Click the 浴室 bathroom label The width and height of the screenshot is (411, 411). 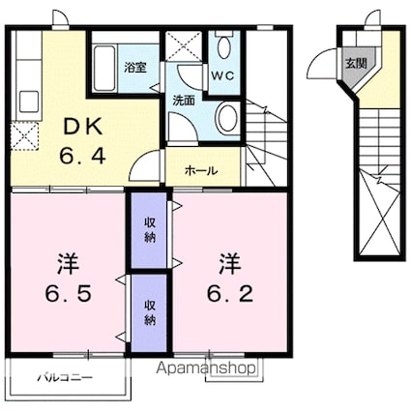(x=134, y=68)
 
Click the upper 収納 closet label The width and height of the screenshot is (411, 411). (x=150, y=230)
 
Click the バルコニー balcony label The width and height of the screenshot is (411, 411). (x=63, y=377)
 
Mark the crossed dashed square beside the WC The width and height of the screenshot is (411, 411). (x=184, y=46)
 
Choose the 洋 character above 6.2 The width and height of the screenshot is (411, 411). (x=228, y=262)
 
